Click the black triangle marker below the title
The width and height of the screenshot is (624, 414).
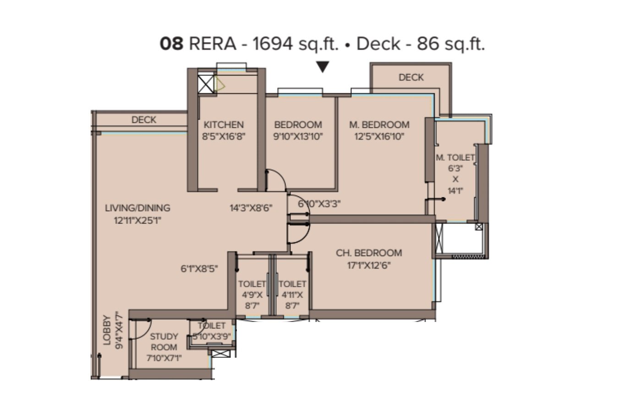(x=323, y=67)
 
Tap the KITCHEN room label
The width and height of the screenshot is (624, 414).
(x=224, y=125)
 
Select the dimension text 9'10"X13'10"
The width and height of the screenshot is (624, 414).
(x=298, y=136)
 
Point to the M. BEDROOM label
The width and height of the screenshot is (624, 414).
(x=379, y=125)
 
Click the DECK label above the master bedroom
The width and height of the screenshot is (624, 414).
(x=411, y=77)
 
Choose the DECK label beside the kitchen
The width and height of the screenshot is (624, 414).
(x=144, y=120)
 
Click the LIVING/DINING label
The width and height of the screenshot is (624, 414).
(x=137, y=208)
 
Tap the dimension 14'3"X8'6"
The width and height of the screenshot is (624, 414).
(x=251, y=208)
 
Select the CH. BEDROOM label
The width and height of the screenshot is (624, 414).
(x=369, y=253)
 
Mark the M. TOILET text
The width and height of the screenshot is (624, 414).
(x=455, y=158)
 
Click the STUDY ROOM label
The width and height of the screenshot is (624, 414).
(x=164, y=342)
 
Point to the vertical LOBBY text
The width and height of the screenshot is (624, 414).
(x=107, y=330)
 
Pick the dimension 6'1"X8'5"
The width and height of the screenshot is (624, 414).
(x=199, y=269)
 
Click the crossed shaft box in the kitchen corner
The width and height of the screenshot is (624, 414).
(x=206, y=84)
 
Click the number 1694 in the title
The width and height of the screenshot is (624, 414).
(x=273, y=44)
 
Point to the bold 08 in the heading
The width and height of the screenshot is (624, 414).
(x=172, y=44)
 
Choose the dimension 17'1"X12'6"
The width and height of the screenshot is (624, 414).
(x=369, y=265)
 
